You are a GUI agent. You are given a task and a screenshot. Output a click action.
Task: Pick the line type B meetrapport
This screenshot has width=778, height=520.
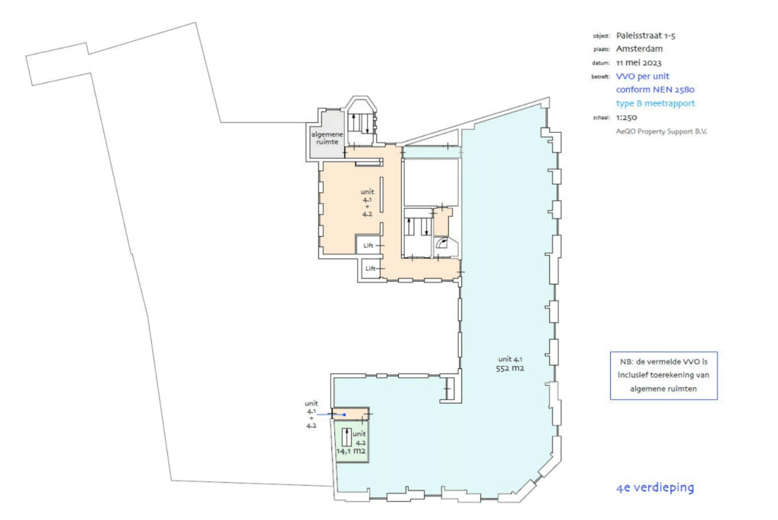(655, 103)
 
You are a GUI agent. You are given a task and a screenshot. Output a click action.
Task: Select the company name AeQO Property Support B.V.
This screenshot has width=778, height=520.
(656, 131)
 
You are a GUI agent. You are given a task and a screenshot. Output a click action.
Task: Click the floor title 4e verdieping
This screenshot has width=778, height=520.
(655, 487)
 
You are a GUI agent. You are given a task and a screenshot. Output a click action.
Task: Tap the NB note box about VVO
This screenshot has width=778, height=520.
(663, 376)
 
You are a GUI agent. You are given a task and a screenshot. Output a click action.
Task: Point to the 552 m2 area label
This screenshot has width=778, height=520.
(511, 368)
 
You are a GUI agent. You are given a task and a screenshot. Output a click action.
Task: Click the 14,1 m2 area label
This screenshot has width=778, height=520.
(352, 450)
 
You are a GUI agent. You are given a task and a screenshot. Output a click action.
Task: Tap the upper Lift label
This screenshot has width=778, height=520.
(368, 245)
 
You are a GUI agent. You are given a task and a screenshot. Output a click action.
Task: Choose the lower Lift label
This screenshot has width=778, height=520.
(371, 269)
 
